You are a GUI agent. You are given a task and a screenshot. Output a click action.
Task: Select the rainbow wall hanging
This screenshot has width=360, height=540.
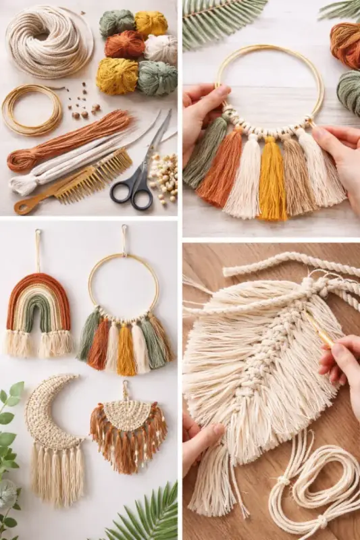(38, 313)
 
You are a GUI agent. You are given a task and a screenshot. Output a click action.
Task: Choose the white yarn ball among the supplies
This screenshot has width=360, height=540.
(161, 49)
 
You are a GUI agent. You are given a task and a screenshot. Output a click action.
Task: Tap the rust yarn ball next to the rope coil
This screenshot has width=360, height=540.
(125, 45)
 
